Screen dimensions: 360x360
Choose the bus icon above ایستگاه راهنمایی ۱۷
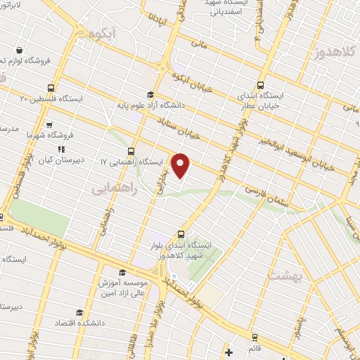(x=131, y=151)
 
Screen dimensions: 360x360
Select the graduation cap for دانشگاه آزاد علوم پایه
(x=149, y=95)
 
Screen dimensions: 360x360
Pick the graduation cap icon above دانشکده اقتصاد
(x=79, y=312)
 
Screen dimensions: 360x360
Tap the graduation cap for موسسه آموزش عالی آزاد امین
(x=122, y=272)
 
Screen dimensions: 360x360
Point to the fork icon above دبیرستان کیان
(x=61, y=148)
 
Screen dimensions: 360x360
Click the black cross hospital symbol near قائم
(x=229, y=352)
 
